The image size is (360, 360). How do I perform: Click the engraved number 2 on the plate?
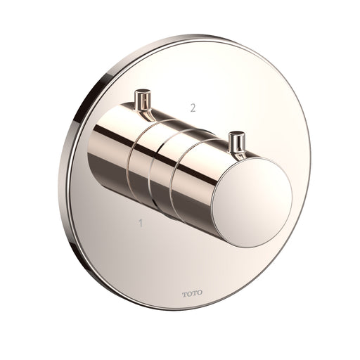coord(193,108)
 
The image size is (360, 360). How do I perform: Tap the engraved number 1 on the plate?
coord(141,223)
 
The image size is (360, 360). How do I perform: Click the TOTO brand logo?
coord(192,293)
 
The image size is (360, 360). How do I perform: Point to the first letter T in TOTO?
coord(185,293)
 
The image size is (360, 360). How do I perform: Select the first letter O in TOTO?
coord(189,293)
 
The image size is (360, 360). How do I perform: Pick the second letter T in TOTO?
coord(194,293)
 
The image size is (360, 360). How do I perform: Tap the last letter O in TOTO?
coord(200,293)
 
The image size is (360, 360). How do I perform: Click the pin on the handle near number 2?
coord(143,101)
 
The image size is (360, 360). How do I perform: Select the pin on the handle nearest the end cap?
coord(237,145)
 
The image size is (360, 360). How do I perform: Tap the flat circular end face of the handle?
coord(252,202)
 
